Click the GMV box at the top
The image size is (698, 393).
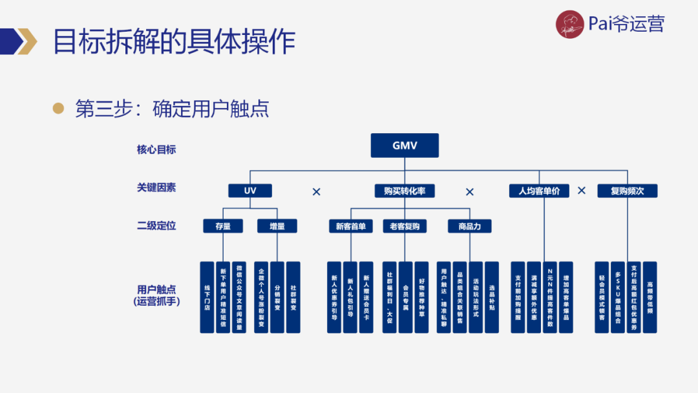(x=405, y=145)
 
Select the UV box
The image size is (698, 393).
(x=250, y=191)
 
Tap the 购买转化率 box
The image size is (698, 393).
(x=405, y=191)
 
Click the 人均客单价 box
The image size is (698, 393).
(x=539, y=191)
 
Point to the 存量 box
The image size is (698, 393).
(x=223, y=226)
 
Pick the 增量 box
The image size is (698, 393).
(x=277, y=226)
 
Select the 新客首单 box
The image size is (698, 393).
(x=350, y=226)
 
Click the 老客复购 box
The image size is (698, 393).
(x=405, y=226)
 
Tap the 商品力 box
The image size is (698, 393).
(x=470, y=226)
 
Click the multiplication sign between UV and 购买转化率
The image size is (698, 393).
(x=317, y=192)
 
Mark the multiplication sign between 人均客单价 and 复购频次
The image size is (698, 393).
(x=582, y=191)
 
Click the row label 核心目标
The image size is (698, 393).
(x=156, y=149)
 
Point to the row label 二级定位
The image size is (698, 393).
(x=156, y=226)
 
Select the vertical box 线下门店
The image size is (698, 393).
(x=207, y=297)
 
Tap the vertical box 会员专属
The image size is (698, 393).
(x=405, y=297)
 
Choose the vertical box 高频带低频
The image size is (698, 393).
(x=650, y=297)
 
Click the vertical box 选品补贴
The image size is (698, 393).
(x=492, y=297)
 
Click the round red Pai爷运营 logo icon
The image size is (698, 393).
(x=569, y=25)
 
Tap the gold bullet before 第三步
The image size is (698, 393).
(x=59, y=109)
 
